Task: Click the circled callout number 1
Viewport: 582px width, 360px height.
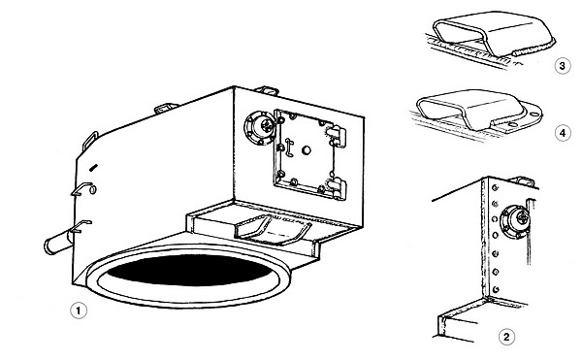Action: click(79, 311)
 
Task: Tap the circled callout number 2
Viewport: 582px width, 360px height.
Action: click(506, 337)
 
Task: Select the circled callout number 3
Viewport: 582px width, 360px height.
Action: click(563, 66)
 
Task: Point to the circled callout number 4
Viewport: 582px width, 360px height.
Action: click(563, 133)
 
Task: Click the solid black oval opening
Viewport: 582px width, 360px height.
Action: click(188, 270)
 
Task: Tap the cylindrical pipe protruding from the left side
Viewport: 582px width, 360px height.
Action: click(58, 244)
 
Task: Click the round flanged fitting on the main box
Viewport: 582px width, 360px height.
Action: click(261, 127)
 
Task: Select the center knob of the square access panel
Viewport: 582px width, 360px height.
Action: click(307, 150)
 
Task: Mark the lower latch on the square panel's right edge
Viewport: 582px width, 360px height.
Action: click(337, 188)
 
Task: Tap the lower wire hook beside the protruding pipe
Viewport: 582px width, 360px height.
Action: click(81, 226)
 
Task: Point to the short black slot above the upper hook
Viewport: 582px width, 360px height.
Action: click(94, 167)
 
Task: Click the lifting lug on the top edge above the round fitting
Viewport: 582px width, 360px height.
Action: click(267, 90)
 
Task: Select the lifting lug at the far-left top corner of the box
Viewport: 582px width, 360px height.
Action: click(90, 140)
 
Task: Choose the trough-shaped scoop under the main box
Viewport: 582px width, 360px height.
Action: click(274, 229)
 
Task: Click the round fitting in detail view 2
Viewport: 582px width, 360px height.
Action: click(514, 221)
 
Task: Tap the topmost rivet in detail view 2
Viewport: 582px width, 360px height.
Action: click(495, 188)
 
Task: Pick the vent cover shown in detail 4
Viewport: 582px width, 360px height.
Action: click(479, 111)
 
